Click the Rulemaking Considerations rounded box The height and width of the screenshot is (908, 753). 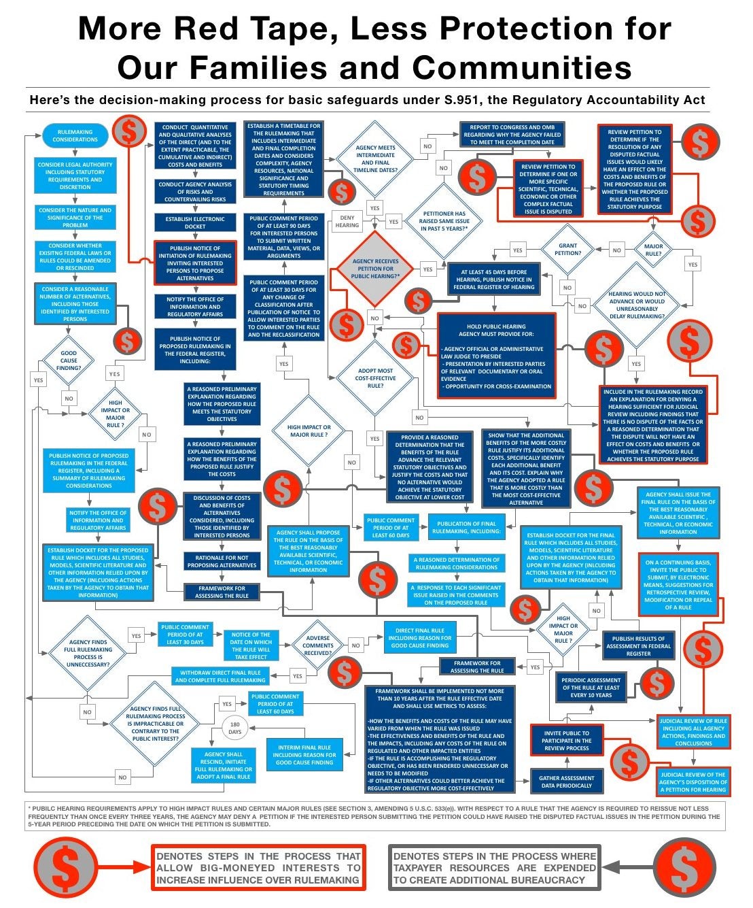(x=75, y=135)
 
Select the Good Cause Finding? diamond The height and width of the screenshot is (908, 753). (x=69, y=360)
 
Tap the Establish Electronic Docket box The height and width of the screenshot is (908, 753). (x=195, y=222)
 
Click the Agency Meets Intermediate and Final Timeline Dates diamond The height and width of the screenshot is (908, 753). (x=375, y=159)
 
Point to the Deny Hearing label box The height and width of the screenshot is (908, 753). (x=347, y=221)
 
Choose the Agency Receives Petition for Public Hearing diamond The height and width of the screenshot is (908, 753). (x=375, y=268)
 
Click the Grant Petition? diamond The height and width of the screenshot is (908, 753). (x=567, y=250)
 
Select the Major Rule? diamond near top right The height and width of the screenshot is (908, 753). (x=653, y=250)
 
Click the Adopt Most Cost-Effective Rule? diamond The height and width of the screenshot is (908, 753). (x=375, y=378)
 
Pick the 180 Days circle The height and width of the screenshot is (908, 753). (x=234, y=728)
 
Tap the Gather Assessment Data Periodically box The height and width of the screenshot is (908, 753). (x=566, y=781)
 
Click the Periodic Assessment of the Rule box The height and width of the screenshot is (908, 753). (x=591, y=687)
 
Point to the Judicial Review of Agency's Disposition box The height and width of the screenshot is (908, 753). (x=693, y=782)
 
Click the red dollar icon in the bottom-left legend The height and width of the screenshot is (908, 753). (x=66, y=868)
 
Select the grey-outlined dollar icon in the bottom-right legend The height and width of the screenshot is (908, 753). (x=684, y=868)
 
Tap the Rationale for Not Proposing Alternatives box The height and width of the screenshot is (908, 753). (x=222, y=561)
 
